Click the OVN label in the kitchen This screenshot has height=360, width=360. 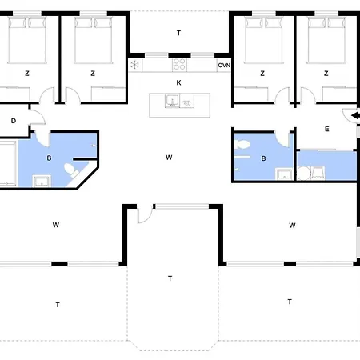[224, 66]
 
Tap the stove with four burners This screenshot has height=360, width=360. [179, 65]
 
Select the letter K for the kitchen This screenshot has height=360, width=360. [178, 82]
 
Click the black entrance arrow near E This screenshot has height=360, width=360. [355, 116]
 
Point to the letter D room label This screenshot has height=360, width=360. [14, 121]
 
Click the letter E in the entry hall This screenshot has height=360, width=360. [327, 129]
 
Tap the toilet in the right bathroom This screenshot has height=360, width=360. [242, 144]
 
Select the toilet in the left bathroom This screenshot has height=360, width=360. [71, 170]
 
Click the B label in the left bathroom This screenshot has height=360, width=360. [49, 158]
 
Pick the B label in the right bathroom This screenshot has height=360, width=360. [263, 158]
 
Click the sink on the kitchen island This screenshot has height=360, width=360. [172, 101]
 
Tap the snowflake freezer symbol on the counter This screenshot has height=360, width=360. [135, 65]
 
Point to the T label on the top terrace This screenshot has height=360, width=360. [178, 33]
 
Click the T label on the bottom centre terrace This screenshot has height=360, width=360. [170, 278]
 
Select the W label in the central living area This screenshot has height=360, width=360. [169, 158]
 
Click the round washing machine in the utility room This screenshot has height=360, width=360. [304, 173]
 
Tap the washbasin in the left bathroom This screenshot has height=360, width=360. [42, 181]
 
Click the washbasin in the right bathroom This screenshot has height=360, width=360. [284, 174]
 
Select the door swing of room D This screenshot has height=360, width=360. [38, 116]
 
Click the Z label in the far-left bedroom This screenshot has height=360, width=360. [27, 73]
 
